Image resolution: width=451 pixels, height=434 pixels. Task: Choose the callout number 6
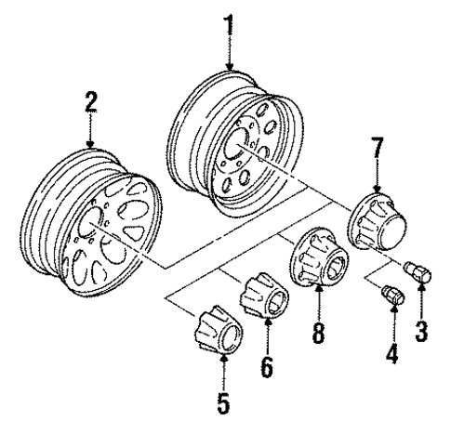(x=267, y=367)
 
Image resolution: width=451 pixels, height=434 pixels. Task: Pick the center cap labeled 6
(x=262, y=296)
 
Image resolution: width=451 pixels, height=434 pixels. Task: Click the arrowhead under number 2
(x=91, y=143)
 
